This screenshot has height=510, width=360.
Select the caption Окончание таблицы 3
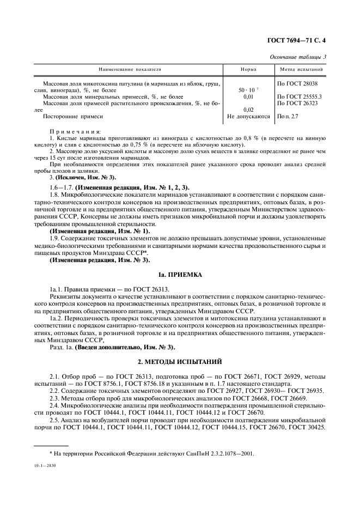[304, 57]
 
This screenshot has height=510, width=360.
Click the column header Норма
[248, 70]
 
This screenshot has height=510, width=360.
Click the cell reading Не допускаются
[248, 116]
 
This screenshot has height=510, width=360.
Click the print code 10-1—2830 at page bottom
[46, 466]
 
